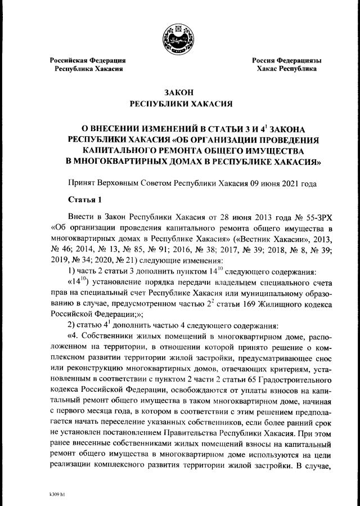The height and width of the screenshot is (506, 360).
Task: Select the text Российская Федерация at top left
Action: coord(88,60)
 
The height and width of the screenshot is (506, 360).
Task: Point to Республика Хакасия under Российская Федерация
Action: coord(88,69)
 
